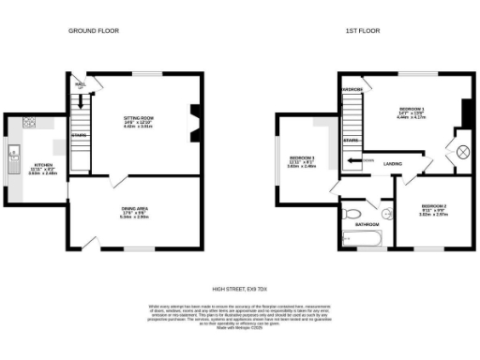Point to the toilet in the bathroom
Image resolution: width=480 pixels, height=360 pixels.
coord(352,214)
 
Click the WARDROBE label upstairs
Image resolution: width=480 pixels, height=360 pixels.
coord(352,89)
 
